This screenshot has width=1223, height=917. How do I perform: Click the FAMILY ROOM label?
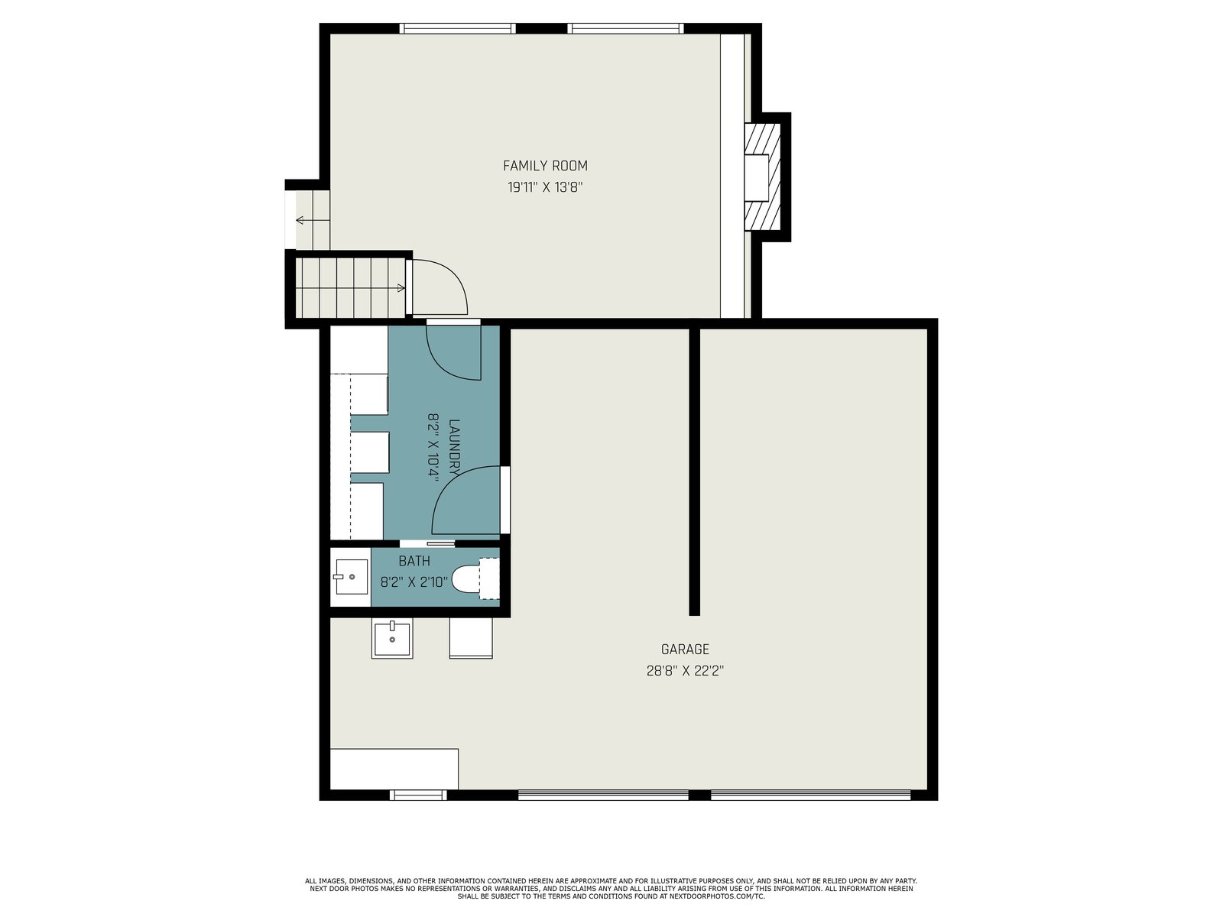[545, 166]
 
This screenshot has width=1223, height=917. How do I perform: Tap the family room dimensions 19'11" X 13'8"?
[545, 187]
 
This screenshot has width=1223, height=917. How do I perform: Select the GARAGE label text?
[685, 650]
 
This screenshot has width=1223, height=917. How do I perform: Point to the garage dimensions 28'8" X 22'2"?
[685, 671]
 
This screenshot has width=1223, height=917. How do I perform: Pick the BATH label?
[414, 561]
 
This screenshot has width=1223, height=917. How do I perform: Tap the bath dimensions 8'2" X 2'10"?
[414, 582]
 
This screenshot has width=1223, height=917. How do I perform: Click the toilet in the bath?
[475, 578]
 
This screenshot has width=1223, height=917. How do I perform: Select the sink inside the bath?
[351, 577]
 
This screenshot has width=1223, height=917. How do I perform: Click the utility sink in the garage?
[392, 640]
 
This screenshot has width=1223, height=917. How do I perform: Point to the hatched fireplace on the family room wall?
[763, 177]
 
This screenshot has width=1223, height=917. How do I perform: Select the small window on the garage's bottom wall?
[418, 795]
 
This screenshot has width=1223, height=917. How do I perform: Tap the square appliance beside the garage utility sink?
[471, 638]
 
